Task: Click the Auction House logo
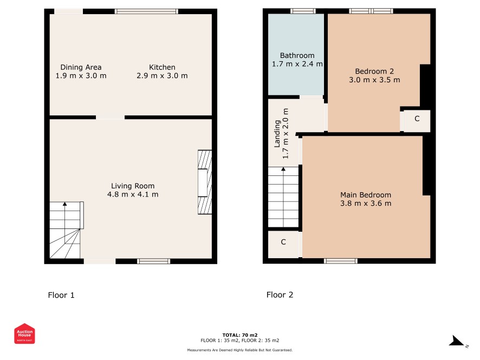point(24,333)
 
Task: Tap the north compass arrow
point(457,341)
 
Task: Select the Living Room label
point(133,186)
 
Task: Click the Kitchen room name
point(162,67)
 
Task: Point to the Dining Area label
point(81,67)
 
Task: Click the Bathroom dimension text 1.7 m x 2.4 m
point(297,64)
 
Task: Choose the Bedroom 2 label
point(374,71)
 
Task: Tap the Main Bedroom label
point(366,195)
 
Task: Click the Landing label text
point(277,134)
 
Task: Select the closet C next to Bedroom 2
point(417,119)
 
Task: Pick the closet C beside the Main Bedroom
point(283,242)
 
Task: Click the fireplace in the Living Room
point(205,182)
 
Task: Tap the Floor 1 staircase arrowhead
point(64,204)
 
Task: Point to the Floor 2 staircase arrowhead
point(283,169)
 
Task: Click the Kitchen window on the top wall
point(146,11)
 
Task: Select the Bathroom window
point(303,11)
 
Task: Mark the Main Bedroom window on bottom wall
point(340,261)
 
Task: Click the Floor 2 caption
point(280,295)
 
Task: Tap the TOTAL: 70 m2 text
point(240,335)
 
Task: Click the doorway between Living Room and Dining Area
point(110,117)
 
